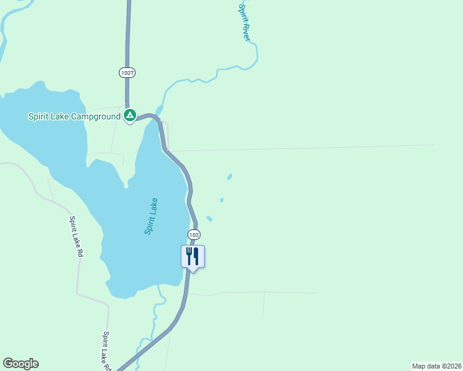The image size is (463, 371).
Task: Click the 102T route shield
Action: pyautogui.click(x=128, y=72)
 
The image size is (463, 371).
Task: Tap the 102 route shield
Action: pyautogui.click(x=194, y=235)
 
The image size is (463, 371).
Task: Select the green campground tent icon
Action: pyautogui.click(x=130, y=115)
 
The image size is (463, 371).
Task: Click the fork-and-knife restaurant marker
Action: pyautogui.click(x=193, y=256)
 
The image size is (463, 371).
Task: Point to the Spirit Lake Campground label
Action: pyautogui.click(x=74, y=116)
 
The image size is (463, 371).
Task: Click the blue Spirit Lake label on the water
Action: pyautogui.click(x=151, y=216)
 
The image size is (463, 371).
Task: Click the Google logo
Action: pyautogui.click(x=20, y=364)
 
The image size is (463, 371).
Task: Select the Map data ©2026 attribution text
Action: pyautogui.click(x=436, y=365)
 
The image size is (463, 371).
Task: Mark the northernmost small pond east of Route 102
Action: pyautogui.click(x=230, y=177)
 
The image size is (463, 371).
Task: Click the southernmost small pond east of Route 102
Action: pyautogui.click(x=209, y=218)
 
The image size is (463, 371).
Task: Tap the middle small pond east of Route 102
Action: pyautogui.click(x=222, y=200)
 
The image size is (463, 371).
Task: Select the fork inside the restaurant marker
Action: pyautogui.click(x=188, y=255)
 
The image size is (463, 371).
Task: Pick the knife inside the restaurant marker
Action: pyautogui.click(x=196, y=255)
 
